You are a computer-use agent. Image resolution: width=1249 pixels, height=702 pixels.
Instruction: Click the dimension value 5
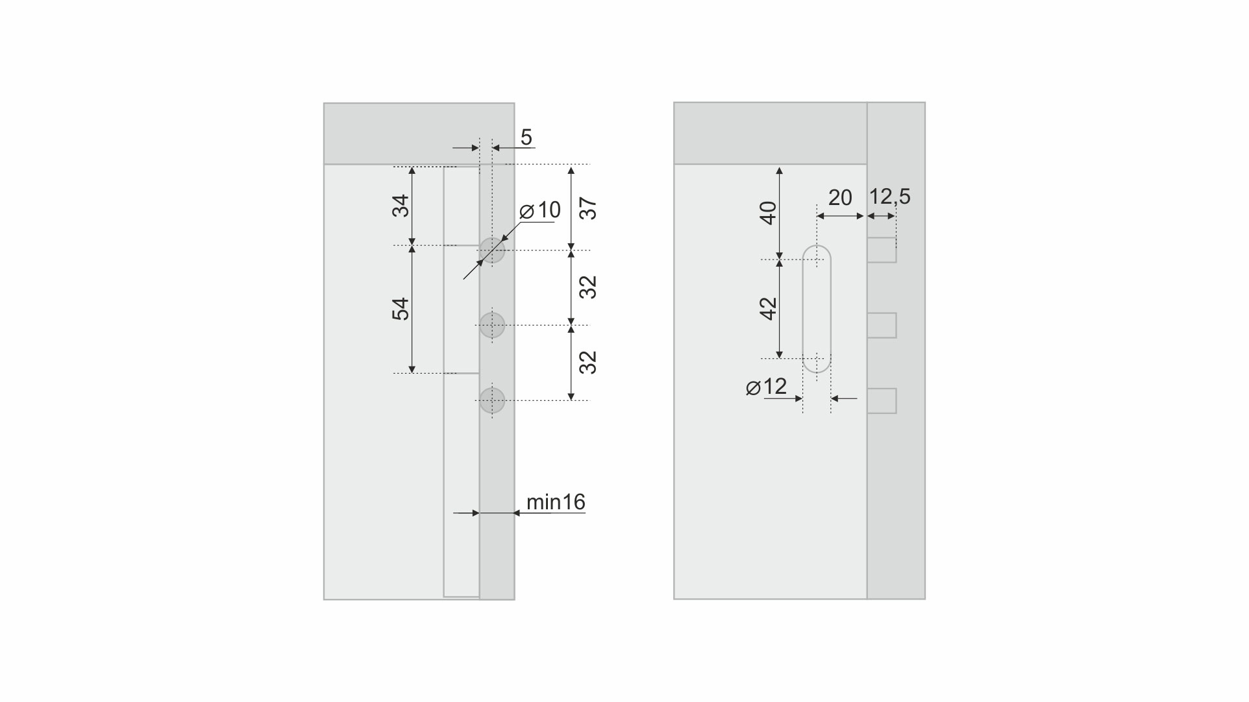pos(526,138)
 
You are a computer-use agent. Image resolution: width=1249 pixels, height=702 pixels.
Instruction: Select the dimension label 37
pos(588,208)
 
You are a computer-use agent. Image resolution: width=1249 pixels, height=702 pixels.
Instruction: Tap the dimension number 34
pos(402,206)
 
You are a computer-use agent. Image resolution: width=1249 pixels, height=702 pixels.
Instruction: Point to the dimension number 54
pos(402,308)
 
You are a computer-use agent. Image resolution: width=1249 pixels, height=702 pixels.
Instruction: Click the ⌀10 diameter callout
pos(540,210)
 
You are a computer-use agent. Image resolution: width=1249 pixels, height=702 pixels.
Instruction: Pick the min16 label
pos(556,502)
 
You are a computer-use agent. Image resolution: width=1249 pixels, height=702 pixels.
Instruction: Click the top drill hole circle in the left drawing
pos(492,250)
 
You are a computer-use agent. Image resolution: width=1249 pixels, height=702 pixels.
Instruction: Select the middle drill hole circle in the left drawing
pos(492,325)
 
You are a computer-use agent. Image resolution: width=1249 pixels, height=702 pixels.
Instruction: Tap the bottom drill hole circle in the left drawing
pos(492,400)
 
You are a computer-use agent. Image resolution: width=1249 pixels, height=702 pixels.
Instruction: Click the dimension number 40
pos(769,213)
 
